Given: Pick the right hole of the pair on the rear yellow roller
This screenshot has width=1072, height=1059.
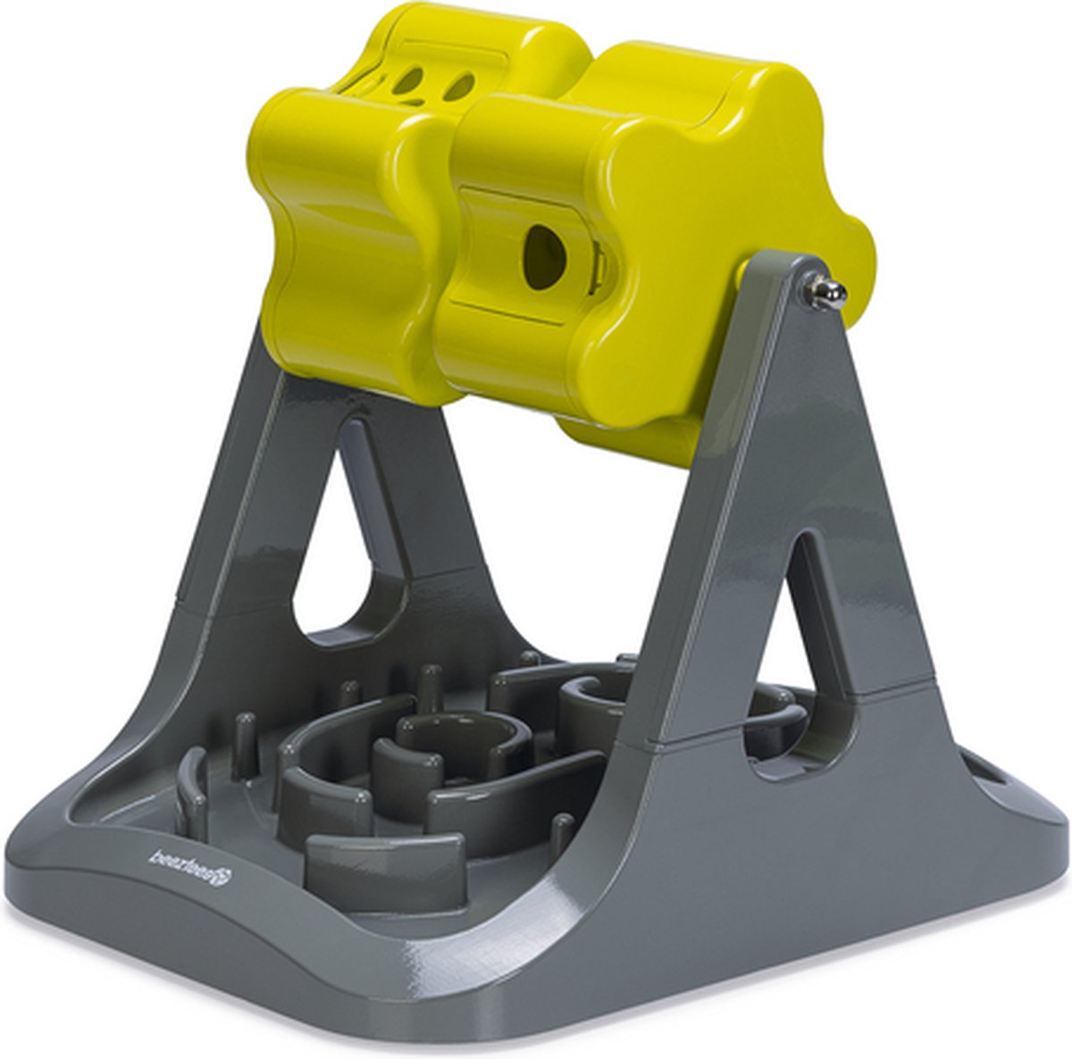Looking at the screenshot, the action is (459, 87).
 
